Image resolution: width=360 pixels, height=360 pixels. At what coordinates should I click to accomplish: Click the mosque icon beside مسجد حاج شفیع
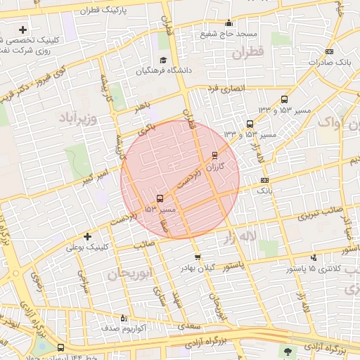point(228,22)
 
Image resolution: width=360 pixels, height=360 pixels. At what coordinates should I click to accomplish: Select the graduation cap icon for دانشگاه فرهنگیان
point(164,60)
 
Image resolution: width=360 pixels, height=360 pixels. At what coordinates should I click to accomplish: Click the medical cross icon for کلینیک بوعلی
point(87,236)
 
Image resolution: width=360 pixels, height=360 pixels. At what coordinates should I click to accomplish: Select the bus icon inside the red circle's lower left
point(160,198)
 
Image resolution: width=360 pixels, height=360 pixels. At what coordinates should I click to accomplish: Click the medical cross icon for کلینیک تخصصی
point(23,30)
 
